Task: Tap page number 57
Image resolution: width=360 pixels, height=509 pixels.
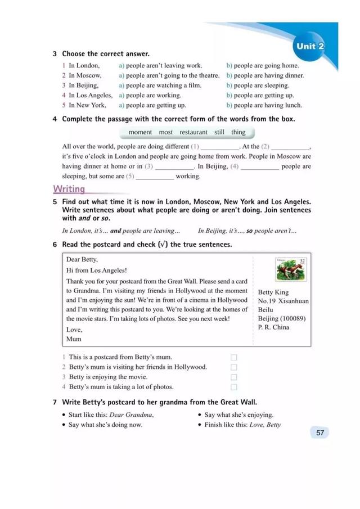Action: (x=319, y=433)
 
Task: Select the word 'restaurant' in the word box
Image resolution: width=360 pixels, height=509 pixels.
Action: (x=193, y=132)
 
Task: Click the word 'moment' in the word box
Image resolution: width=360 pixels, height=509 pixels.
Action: (x=140, y=132)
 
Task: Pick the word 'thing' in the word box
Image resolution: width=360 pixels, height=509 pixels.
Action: (x=238, y=132)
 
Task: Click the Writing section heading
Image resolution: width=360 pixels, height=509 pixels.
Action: (x=69, y=189)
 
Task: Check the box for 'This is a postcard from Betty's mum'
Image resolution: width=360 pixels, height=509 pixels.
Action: (x=234, y=357)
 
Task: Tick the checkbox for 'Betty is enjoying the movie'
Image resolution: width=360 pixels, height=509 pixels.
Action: (x=234, y=377)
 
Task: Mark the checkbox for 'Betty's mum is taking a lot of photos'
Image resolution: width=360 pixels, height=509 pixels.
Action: (x=234, y=387)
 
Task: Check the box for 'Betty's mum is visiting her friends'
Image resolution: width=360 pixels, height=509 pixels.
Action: (x=234, y=367)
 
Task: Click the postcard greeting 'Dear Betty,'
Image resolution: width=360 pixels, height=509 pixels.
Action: (x=82, y=259)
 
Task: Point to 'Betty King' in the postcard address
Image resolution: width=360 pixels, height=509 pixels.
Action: (x=273, y=292)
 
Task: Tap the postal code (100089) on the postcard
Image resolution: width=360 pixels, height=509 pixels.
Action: (x=293, y=318)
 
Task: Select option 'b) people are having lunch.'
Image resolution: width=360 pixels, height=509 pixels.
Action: (x=264, y=105)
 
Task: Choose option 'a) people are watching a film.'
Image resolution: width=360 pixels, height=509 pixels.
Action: (x=160, y=85)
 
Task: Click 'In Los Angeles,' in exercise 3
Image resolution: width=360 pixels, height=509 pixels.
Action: (x=90, y=95)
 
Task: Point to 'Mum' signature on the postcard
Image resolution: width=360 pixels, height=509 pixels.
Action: (x=74, y=339)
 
